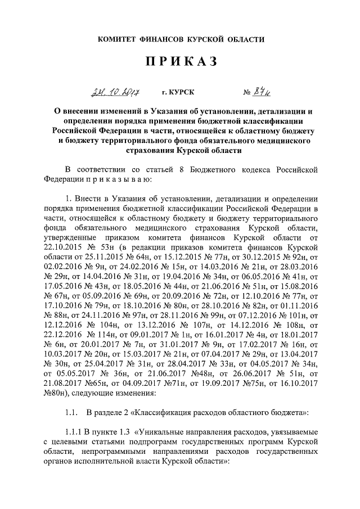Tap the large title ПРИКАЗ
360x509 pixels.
179,63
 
